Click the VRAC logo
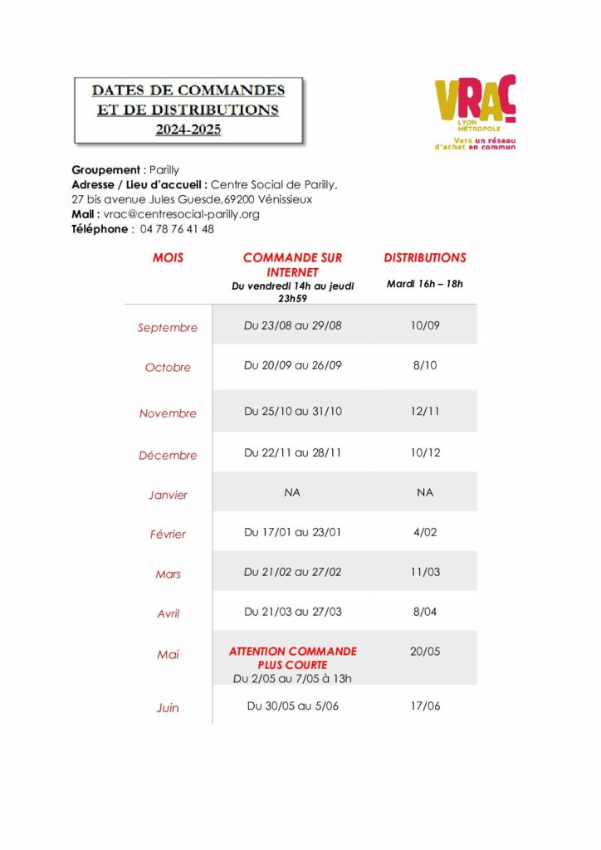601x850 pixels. (x=475, y=112)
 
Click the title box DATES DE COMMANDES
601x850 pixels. (x=188, y=110)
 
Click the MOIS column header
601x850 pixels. (x=168, y=258)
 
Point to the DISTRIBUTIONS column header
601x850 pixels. (x=425, y=258)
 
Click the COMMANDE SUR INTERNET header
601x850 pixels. (x=292, y=265)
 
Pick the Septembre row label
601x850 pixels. (x=168, y=328)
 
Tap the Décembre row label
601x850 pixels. (x=168, y=456)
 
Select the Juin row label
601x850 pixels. (x=168, y=708)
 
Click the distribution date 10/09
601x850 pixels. (x=425, y=325)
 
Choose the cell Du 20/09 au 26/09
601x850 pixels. (x=292, y=365)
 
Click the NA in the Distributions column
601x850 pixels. (x=425, y=492)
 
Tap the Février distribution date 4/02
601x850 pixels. (x=425, y=532)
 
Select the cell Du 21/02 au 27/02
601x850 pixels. (x=292, y=572)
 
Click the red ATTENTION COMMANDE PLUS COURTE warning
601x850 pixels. (x=292, y=658)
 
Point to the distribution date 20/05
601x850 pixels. (x=425, y=652)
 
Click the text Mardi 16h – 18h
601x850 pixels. (x=425, y=284)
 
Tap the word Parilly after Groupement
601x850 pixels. (x=164, y=170)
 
